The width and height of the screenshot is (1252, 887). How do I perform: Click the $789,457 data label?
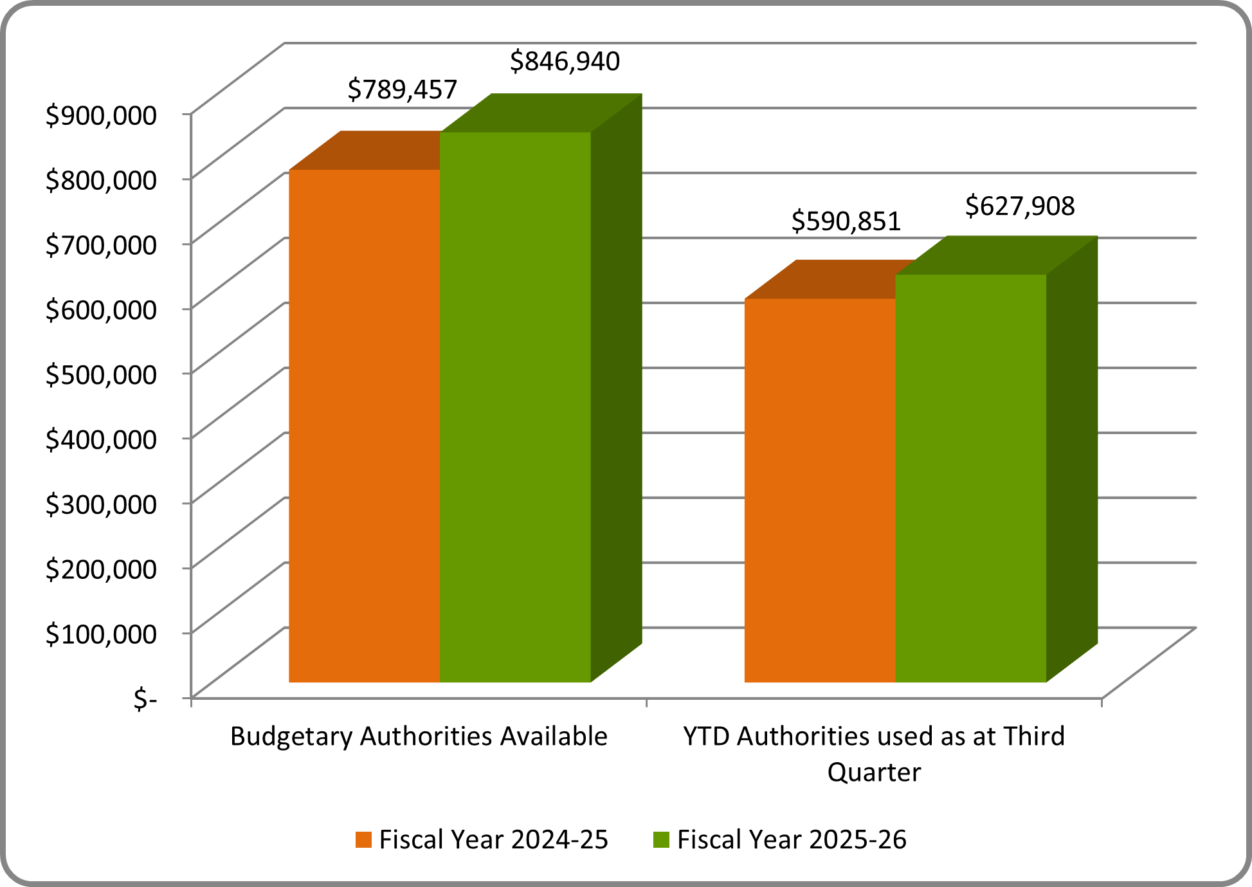(x=402, y=89)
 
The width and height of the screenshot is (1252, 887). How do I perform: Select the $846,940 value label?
(x=565, y=62)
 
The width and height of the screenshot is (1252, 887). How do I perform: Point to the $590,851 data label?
(x=846, y=221)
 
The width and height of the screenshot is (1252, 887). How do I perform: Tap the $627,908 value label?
(x=1020, y=206)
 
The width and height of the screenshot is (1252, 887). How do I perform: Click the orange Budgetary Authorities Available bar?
(x=364, y=425)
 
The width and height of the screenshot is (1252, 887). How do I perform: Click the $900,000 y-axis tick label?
(x=101, y=115)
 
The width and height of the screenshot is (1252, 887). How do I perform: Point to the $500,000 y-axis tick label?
(x=101, y=374)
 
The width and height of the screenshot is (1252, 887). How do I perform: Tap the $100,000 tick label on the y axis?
(x=101, y=634)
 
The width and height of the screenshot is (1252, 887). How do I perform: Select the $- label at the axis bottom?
(x=145, y=699)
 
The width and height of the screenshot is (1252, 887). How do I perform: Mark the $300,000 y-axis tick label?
(x=101, y=504)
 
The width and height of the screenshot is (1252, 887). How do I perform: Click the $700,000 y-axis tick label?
(x=101, y=245)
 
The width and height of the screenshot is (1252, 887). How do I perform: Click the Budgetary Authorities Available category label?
(x=419, y=736)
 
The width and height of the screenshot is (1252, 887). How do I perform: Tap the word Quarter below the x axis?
(x=874, y=773)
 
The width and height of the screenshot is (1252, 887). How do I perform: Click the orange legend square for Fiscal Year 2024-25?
(x=363, y=840)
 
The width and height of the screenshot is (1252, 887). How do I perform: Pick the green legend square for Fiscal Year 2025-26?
(x=661, y=840)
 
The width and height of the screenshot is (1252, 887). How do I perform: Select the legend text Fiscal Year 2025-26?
(x=792, y=840)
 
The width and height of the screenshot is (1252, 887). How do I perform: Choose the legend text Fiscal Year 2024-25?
(x=493, y=840)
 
